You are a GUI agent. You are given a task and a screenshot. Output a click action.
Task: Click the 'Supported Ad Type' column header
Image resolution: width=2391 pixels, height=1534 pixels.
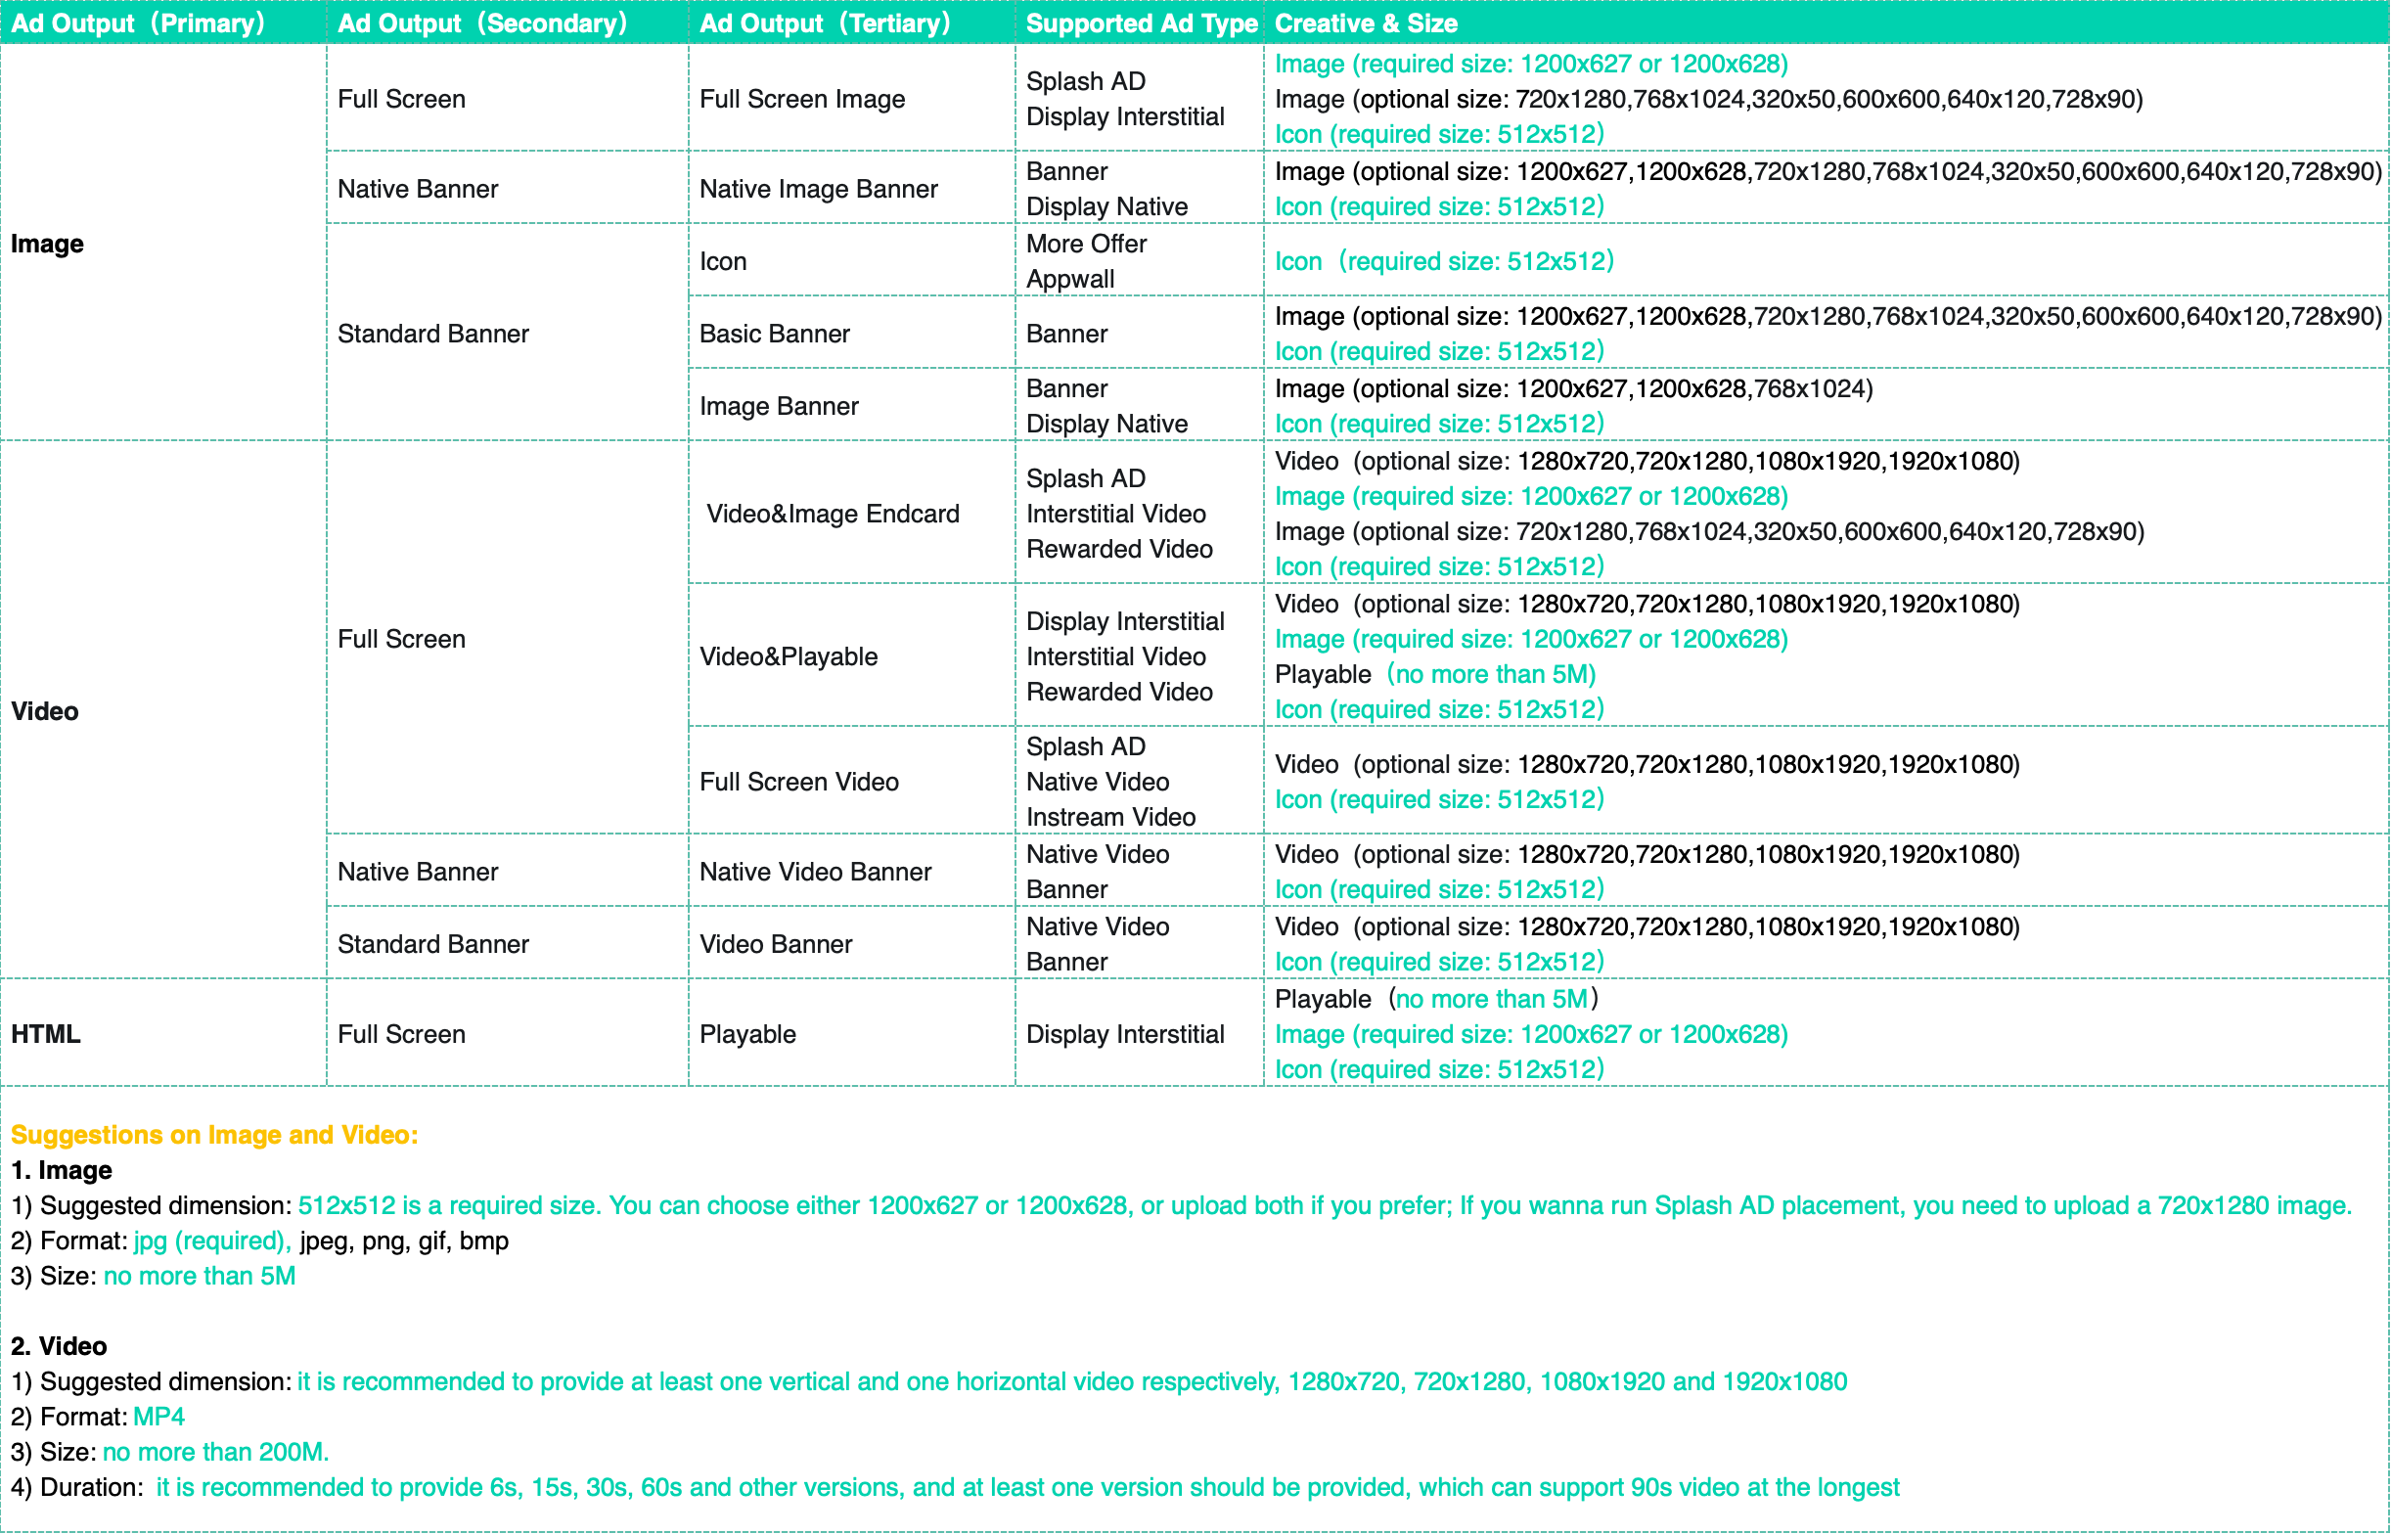click(1142, 23)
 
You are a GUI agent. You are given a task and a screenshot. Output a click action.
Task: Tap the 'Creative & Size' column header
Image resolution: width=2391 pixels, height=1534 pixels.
click(1366, 23)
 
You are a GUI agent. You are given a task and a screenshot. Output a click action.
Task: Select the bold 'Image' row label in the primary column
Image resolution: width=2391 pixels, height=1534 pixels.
click(47, 244)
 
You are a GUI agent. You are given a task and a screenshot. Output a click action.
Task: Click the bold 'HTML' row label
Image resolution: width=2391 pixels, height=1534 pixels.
click(46, 1034)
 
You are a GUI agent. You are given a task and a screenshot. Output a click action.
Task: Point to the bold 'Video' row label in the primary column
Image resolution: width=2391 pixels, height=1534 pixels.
click(45, 711)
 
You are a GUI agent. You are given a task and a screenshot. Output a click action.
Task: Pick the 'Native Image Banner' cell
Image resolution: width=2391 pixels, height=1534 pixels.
click(818, 189)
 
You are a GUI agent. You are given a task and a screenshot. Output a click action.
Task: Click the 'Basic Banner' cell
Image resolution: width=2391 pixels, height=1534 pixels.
click(774, 334)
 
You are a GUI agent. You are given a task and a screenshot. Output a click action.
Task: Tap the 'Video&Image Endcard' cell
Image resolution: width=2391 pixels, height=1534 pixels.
click(833, 514)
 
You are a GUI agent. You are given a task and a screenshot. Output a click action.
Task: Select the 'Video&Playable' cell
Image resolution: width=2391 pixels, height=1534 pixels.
click(788, 656)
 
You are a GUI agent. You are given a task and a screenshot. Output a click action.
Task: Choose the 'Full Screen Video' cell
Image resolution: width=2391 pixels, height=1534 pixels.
click(798, 782)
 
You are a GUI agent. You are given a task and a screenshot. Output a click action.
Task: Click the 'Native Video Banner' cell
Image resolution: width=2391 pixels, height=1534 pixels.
click(815, 872)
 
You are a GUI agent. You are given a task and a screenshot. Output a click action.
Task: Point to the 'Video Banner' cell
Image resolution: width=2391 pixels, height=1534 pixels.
click(775, 944)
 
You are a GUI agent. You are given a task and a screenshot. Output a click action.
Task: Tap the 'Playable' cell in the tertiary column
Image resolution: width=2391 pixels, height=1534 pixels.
click(746, 1034)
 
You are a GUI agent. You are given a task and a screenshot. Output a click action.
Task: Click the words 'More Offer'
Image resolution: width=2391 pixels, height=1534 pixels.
click(1086, 244)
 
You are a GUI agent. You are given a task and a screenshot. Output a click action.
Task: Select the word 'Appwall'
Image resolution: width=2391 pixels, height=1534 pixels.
click(1069, 279)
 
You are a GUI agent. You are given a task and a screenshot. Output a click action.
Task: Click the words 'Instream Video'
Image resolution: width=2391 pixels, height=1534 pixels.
click(1110, 817)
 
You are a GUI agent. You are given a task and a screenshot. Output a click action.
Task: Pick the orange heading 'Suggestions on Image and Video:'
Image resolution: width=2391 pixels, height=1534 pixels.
click(214, 1135)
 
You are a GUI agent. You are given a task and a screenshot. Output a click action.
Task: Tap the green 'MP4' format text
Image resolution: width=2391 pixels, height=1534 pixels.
click(158, 1417)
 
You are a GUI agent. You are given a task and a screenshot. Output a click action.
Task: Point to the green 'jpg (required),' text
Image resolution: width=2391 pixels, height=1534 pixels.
click(212, 1241)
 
